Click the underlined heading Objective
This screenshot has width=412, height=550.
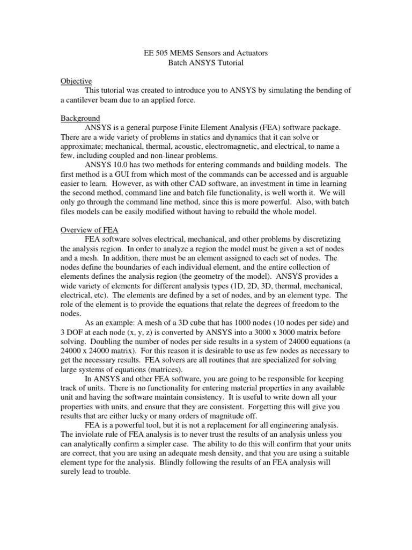(76, 81)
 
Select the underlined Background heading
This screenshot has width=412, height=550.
(80, 118)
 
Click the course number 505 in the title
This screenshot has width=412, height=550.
(164, 54)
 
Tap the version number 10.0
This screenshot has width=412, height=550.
(123, 165)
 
